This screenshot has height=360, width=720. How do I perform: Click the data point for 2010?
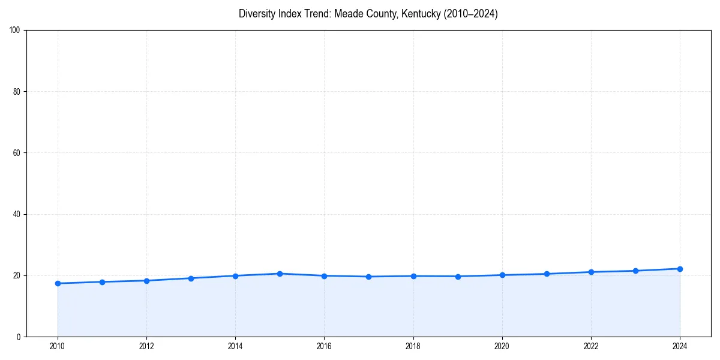tap(58, 283)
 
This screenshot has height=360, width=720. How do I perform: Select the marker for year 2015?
tap(280, 274)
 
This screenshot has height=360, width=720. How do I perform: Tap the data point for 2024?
tap(680, 269)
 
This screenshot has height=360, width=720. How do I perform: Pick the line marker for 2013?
tap(191, 278)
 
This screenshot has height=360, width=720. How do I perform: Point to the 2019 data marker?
tap(458, 277)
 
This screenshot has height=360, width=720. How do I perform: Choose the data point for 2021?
tap(547, 274)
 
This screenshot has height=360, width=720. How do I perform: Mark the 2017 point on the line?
tap(368, 277)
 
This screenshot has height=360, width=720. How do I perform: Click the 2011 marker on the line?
tap(102, 282)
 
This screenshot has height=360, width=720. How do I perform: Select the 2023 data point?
tap(635, 271)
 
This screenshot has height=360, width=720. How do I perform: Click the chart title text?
tap(368, 14)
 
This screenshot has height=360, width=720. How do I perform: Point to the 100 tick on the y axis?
tap(16, 31)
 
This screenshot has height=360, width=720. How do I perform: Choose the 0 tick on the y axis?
tap(19, 337)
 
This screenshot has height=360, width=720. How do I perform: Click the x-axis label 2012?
tap(146, 346)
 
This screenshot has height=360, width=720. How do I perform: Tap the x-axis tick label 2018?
tap(413, 346)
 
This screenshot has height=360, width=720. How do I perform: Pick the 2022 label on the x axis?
tap(591, 346)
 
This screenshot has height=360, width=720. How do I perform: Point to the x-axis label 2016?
tap(324, 346)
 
